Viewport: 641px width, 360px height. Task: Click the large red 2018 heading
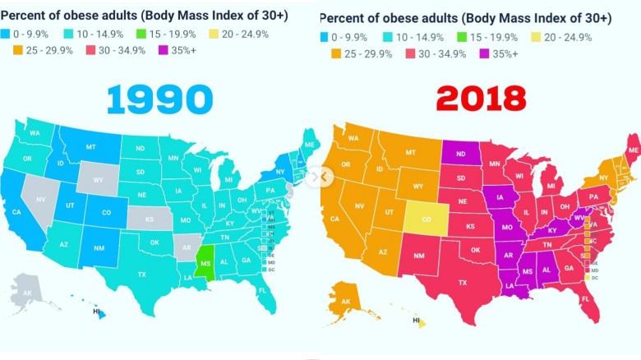481,99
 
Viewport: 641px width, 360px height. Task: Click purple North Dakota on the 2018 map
462,152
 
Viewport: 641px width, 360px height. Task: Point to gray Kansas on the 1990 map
150,220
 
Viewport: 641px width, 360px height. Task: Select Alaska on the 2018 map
346,301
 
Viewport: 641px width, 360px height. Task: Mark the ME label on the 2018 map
632,151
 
